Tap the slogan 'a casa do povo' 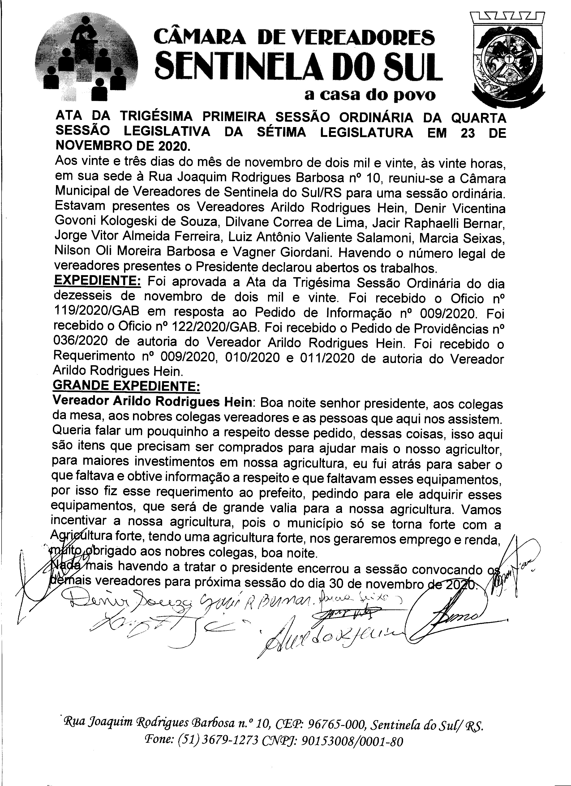369,95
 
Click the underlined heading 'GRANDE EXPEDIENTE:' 126,387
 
